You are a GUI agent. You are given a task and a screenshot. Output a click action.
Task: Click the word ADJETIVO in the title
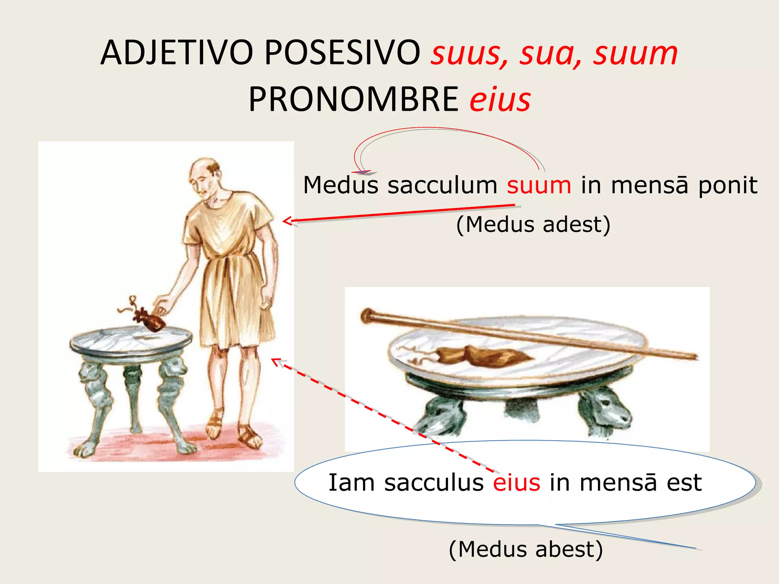176,53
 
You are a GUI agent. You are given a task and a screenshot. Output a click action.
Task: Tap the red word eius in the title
500,100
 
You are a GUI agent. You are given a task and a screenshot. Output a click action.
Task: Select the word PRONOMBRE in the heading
354,100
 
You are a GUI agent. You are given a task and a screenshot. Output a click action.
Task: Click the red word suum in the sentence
539,185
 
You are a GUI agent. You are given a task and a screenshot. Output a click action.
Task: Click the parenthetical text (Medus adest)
533,224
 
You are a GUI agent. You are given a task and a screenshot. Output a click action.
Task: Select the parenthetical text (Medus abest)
526,549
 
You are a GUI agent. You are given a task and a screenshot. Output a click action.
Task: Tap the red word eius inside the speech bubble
517,483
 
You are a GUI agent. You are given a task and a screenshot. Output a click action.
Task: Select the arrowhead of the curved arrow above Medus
363,172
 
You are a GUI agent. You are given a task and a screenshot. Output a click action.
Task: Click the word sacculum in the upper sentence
442,185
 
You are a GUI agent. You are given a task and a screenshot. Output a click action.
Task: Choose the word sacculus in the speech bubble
434,483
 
